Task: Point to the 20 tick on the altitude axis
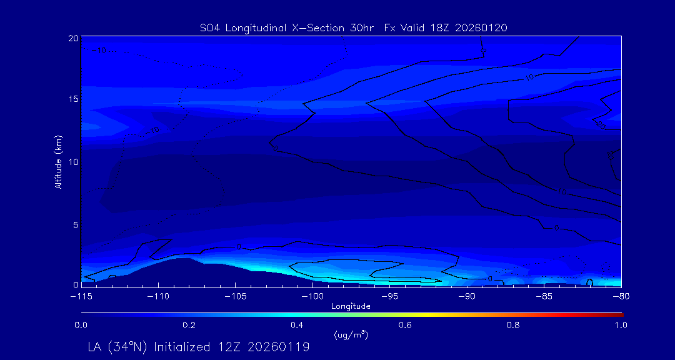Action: click(x=72, y=38)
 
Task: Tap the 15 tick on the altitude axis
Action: click(x=72, y=100)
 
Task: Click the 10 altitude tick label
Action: click(x=72, y=162)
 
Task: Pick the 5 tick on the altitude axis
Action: click(x=75, y=224)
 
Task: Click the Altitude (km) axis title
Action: click(x=58, y=162)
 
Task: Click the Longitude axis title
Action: click(x=351, y=306)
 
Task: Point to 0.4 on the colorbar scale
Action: click(x=297, y=325)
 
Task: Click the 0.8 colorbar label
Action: click(x=513, y=325)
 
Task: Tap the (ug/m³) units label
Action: click(x=351, y=335)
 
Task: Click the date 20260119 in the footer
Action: click(x=277, y=347)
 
